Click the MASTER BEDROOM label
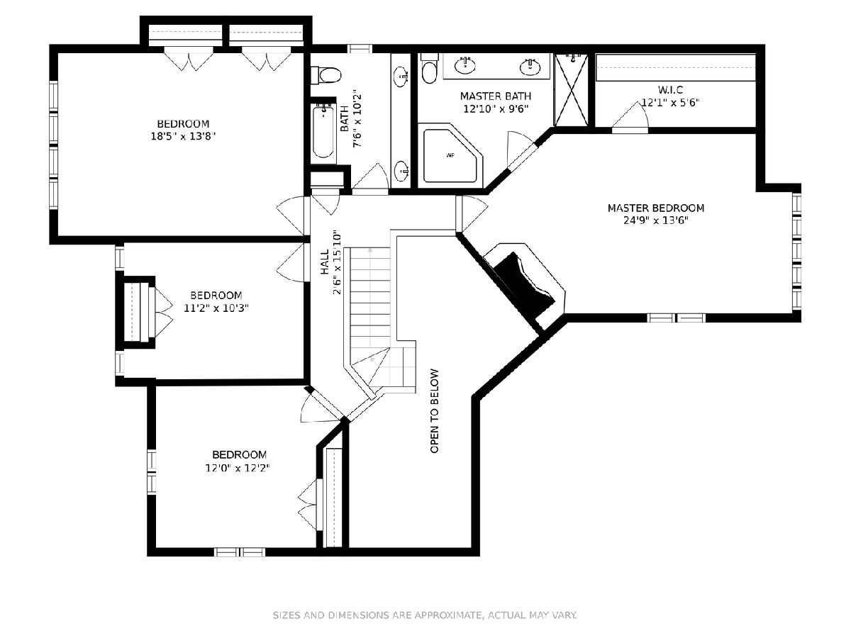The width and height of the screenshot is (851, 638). [655, 208]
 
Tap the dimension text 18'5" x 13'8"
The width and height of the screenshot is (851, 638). [183, 136]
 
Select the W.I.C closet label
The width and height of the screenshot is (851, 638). [670, 89]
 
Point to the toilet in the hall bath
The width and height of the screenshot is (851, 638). [326, 74]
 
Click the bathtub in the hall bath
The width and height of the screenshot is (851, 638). [323, 132]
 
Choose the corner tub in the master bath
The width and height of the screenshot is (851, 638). [452, 156]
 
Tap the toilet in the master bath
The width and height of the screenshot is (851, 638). [429, 69]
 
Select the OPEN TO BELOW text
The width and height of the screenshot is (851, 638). [435, 411]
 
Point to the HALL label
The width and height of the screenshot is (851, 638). [325, 262]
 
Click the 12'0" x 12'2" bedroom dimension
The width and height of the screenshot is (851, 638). [238, 468]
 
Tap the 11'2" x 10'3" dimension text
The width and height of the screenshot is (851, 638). [216, 308]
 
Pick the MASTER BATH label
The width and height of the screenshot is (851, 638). [496, 96]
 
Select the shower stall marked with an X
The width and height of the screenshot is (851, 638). [572, 90]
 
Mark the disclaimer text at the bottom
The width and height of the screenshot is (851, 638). [425, 615]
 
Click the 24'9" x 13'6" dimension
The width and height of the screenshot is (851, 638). [655, 220]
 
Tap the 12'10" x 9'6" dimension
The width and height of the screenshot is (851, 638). [496, 109]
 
